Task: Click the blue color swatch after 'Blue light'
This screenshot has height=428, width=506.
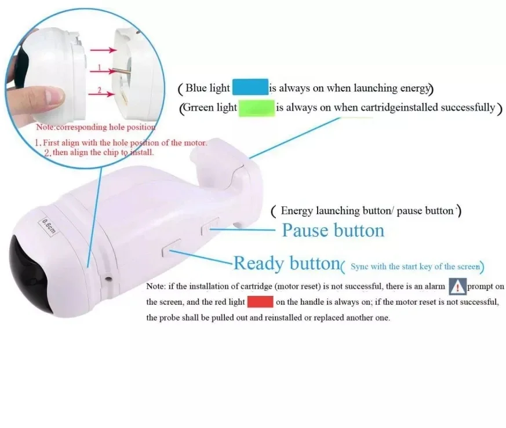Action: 250,87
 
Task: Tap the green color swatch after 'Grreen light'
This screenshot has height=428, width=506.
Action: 256,108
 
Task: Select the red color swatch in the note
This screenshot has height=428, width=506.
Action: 260,301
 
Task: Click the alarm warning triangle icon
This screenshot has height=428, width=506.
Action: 457,286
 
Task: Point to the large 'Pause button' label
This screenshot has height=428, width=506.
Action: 333,231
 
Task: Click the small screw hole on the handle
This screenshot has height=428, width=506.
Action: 108,278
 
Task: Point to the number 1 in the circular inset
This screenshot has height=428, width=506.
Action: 99,68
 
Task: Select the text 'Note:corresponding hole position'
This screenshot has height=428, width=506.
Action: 96,127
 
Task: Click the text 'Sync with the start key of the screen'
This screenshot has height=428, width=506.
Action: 415,266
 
